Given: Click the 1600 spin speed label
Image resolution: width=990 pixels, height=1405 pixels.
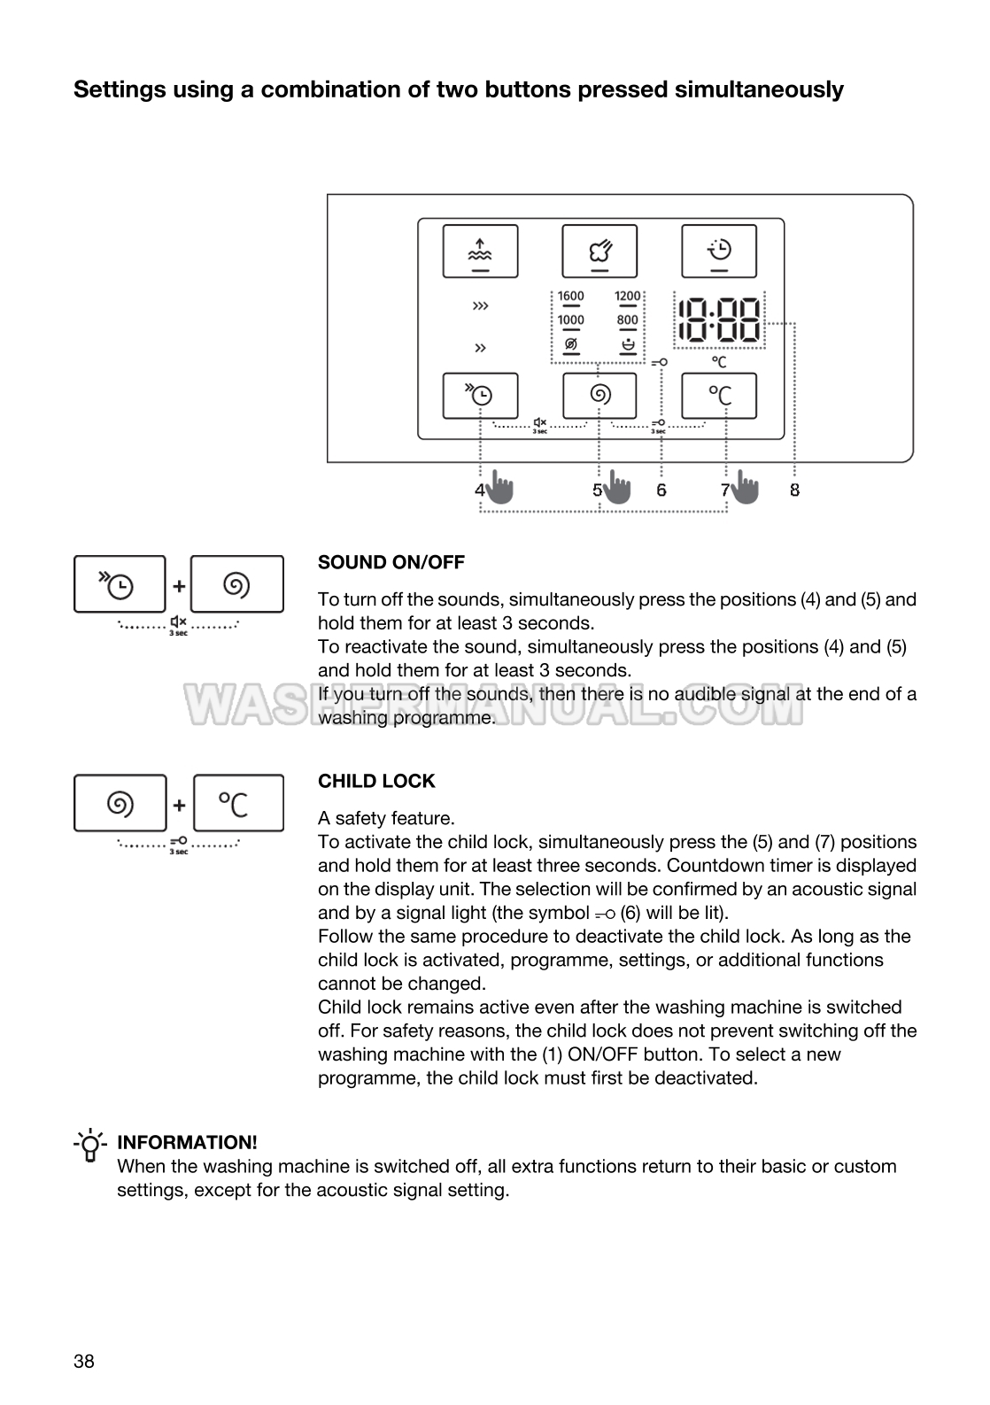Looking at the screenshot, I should point(571,297).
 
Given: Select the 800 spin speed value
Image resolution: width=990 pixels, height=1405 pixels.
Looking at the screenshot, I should point(628,320).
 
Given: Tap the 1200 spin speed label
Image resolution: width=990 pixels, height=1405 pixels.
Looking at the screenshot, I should point(628,297).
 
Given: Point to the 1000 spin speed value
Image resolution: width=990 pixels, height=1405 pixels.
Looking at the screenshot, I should point(571,320).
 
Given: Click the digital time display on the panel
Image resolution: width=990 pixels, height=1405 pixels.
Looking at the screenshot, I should point(718,321).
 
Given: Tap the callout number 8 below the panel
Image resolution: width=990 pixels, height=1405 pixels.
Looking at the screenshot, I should point(794,490).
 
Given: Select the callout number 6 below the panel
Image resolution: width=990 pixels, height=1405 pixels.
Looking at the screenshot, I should point(661,490).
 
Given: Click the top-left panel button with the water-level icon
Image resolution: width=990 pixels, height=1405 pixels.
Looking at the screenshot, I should point(480,251).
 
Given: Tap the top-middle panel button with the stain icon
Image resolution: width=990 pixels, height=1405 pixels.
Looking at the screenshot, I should point(599,251).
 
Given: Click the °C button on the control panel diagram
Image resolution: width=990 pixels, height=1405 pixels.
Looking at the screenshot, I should point(719,396).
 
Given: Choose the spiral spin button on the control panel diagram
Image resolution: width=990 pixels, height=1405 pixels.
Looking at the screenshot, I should point(599,396).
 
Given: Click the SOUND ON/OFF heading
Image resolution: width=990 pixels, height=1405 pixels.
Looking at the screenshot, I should point(391,562).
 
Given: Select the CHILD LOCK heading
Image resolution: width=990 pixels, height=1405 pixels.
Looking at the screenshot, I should point(376,781).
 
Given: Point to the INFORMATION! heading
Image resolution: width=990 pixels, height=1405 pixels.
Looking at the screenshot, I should point(187,1142).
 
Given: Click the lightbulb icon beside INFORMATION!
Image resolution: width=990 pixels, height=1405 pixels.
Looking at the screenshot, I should point(90,1145).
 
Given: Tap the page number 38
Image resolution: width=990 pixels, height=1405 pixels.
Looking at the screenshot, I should point(84,1362).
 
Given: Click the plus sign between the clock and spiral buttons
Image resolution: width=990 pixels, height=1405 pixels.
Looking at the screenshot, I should point(179,585).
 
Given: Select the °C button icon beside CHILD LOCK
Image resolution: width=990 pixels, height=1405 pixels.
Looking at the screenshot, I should point(238,804).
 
